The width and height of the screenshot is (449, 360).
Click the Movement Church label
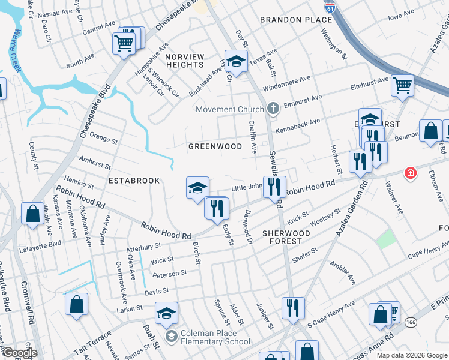[x=230, y=109]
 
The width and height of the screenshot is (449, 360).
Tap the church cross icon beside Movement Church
[x=273, y=109]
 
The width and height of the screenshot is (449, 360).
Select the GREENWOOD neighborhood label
[x=215, y=146]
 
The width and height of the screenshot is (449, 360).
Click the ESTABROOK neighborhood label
[x=134, y=180]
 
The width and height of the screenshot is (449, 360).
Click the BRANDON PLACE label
[x=288, y=20]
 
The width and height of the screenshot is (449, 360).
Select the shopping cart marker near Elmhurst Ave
[x=402, y=85]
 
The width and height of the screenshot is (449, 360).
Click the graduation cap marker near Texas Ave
[x=236, y=61]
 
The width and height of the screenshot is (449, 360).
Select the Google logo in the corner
[x=19, y=353]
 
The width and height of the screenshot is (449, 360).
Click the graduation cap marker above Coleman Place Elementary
[x=167, y=313]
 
